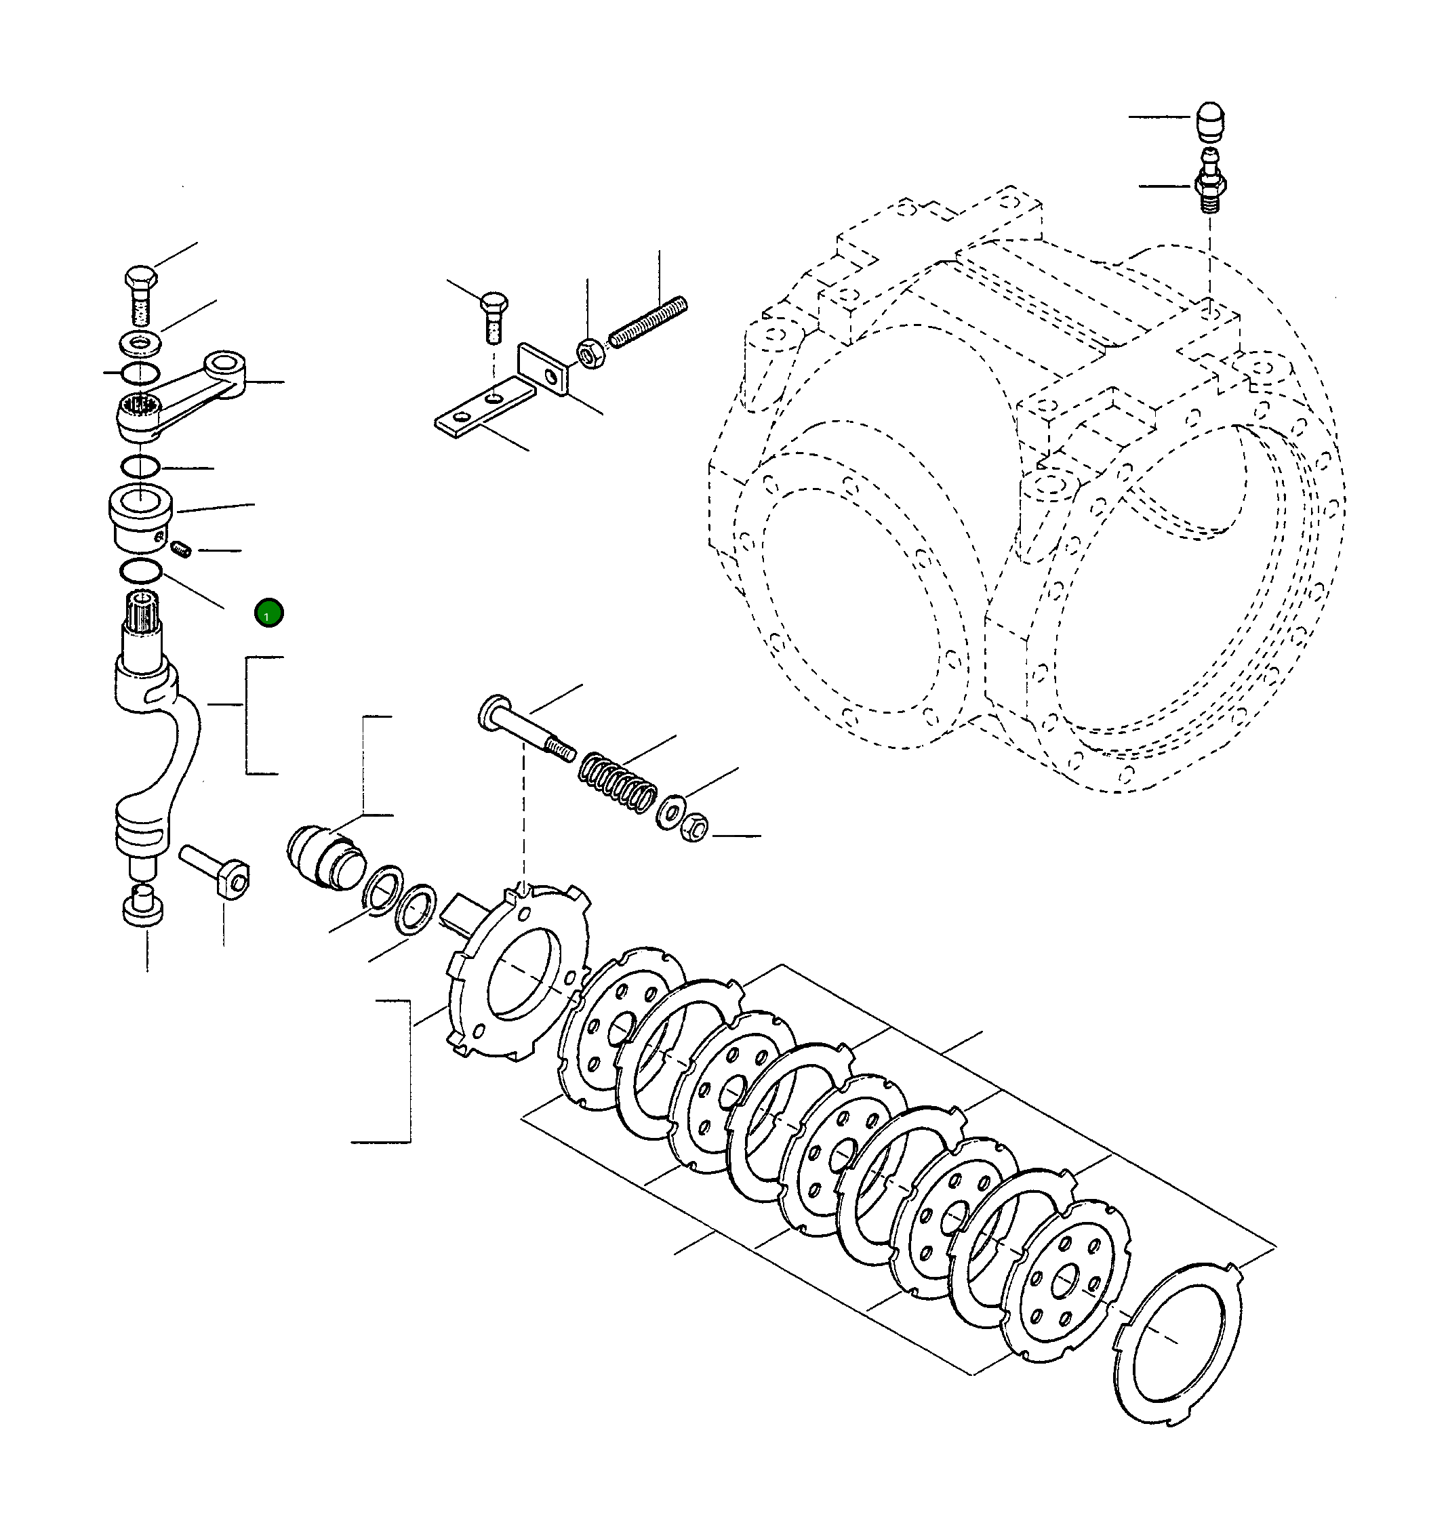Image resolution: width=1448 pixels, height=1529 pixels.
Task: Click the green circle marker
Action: pos(268,613)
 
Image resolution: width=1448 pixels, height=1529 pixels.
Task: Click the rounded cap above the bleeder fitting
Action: pos(1209,121)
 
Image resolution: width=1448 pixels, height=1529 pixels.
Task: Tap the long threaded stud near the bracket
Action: pos(647,323)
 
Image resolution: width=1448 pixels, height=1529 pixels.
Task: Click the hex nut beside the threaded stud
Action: pos(591,354)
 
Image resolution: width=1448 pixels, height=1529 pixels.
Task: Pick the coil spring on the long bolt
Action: pos(618,783)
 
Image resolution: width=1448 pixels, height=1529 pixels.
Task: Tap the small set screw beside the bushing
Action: pos(180,550)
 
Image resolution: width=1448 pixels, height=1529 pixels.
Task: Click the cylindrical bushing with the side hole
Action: pos(140,517)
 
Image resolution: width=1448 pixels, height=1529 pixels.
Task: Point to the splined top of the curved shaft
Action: pos(144,613)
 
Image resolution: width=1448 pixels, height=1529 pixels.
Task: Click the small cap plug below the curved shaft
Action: pos(143,907)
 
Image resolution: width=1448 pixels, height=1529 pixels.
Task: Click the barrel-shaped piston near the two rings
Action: pos(324,858)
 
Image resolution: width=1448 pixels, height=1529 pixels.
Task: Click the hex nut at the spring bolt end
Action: pos(695,828)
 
